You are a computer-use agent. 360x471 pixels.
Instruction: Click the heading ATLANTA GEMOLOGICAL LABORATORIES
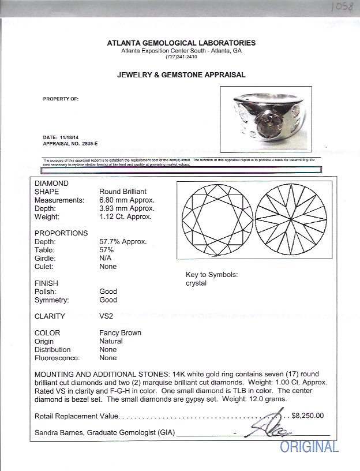181,43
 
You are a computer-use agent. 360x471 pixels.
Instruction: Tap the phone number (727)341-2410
181,57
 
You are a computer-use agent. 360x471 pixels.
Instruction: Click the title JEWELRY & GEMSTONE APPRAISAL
181,75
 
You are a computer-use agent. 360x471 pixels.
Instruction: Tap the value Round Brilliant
123,192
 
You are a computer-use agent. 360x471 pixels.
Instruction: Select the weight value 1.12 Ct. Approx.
125,216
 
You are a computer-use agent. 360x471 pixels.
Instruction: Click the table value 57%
107,250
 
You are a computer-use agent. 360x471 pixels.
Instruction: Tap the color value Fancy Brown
120,333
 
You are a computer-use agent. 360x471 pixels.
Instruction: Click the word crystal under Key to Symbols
196,283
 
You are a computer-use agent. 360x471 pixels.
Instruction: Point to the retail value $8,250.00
307,415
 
